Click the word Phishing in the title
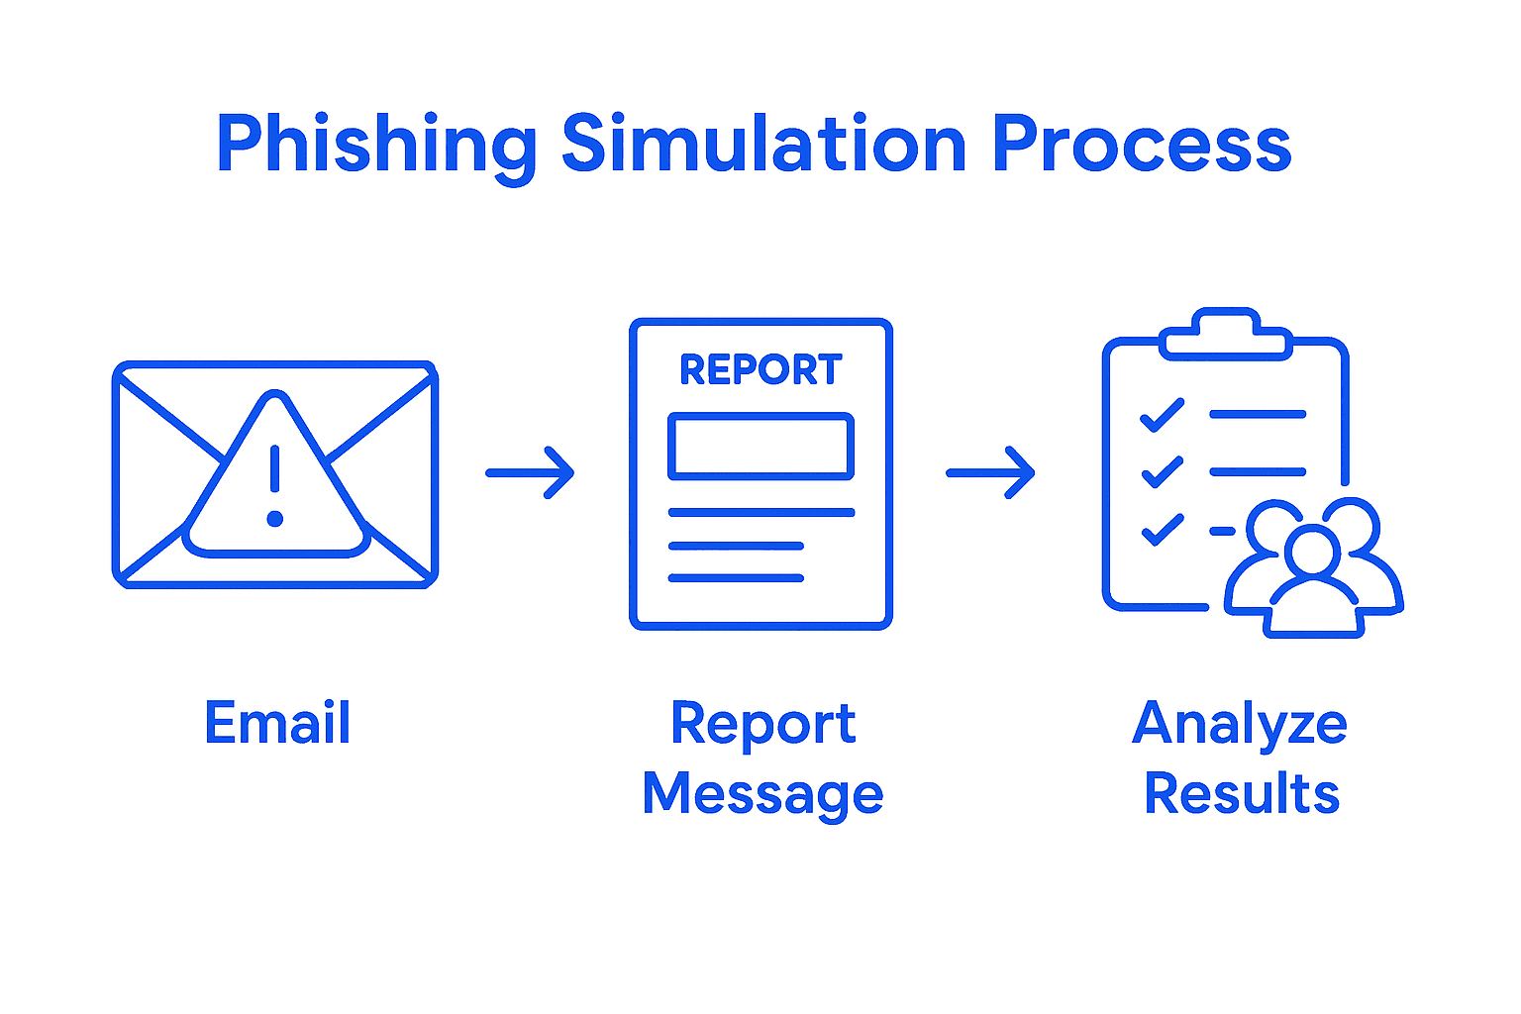375,146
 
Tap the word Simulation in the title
763,144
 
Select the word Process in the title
1141,144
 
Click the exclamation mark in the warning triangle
275,485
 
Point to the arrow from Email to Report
530,473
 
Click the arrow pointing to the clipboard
990,473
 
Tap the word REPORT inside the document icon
760,369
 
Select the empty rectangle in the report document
760,447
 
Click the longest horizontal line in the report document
760,512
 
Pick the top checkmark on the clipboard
1162,415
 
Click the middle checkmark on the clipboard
1162,472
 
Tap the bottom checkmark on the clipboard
1162,530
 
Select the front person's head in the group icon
1313,551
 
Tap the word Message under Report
762,794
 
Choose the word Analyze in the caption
1240,724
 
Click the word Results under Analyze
1242,794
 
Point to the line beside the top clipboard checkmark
1258,414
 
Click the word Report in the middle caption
762,724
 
